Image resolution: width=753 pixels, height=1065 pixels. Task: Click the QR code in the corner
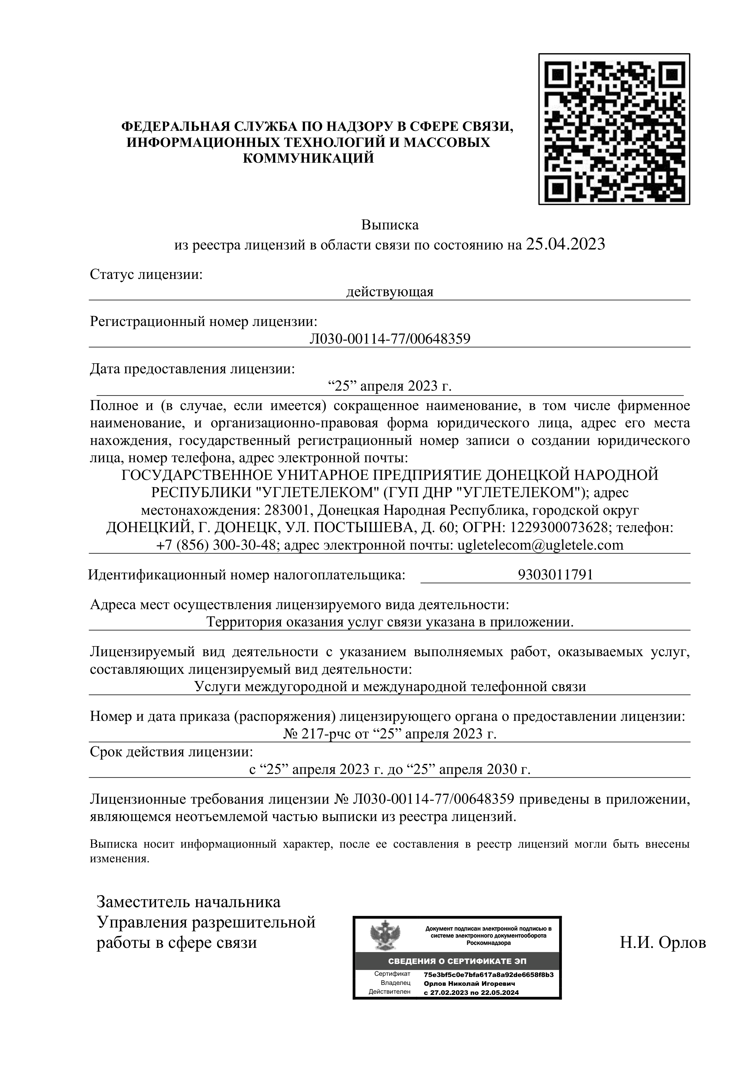coord(613,129)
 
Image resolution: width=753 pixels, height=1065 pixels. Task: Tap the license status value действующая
coord(390,292)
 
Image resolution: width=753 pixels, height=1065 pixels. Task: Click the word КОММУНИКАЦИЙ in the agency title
coord(309,159)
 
